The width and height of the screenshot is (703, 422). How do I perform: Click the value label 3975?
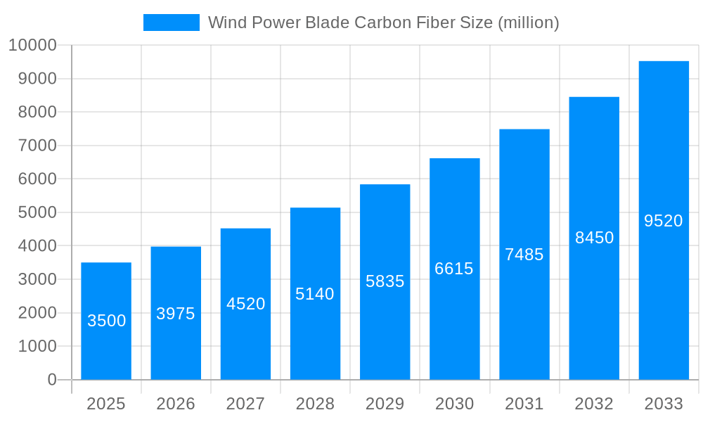[x=176, y=314]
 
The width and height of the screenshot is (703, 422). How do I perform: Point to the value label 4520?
[x=245, y=304]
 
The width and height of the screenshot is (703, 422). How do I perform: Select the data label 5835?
[x=385, y=281]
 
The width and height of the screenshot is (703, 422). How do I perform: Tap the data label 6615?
[x=454, y=269]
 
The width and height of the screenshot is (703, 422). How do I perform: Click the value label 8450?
[x=594, y=238]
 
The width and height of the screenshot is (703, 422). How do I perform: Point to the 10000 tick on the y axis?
[x=32, y=45]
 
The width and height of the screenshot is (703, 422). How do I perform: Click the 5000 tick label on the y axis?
[x=37, y=212]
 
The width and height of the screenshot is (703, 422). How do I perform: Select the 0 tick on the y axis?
[x=52, y=380]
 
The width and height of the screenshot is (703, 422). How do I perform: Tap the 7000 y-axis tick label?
[x=37, y=146]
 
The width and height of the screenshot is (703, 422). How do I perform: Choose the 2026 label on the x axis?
[x=176, y=404]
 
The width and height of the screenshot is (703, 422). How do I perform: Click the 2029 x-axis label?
[x=385, y=404]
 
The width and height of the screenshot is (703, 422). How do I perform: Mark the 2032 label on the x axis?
[x=594, y=404]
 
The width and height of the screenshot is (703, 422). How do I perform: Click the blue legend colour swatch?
[x=171, y=23]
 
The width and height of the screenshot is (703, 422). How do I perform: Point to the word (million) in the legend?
[x=528, y=23]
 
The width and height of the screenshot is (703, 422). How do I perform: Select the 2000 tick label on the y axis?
[x=37, y=313]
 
